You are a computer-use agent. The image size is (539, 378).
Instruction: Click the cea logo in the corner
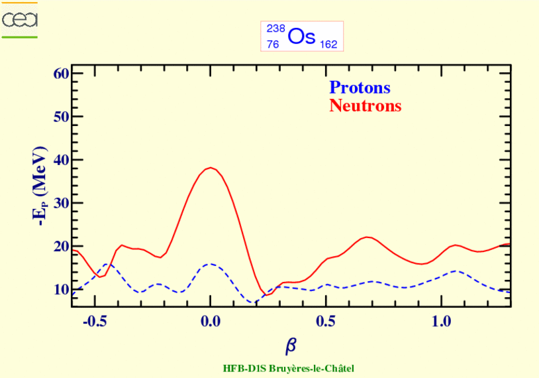pos(20,20)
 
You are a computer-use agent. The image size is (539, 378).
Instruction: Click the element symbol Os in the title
pos(301,36)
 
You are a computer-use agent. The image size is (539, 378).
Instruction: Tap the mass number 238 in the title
pos(275,29)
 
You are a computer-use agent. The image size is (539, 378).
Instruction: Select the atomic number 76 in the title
pos(273,44)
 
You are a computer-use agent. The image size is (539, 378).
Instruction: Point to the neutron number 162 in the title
pos(328,44)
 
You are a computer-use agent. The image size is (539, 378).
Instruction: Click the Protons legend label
pos(360,88)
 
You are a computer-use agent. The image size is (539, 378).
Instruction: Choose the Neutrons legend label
pos(365,105)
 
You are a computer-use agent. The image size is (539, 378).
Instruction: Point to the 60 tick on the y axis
pos(61,73)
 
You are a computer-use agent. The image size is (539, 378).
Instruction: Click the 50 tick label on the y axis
pos(61,116)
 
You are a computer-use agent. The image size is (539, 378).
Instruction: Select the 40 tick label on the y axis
pos(61,159)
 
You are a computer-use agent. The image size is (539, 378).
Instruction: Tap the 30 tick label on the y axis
pos(61,202)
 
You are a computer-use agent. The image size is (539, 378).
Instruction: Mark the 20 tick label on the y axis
pos(61,245)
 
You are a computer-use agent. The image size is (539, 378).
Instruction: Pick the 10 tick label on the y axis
pos(61,289)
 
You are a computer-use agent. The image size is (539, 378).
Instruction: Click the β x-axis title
pos(291,345)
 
